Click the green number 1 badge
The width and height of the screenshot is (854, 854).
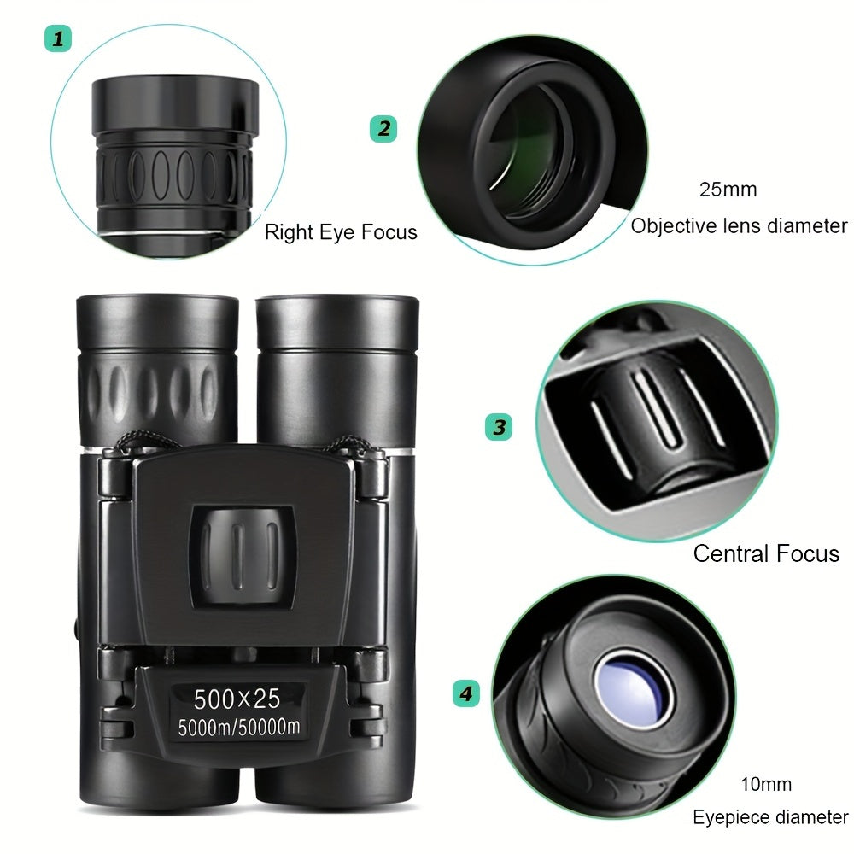pyautogui.click(x=58, y=38)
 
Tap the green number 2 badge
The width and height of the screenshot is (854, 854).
pyautogui.click(x=383, y=129)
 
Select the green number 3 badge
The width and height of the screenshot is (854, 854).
pyautogui.click(x=499, y=426)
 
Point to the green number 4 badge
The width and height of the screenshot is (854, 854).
pyautogui.click(x=465, y=693)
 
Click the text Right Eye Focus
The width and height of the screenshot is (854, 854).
pyautogui.click(x=341, y=231)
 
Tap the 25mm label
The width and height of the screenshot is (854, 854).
pyautogui.click(x=728, y=190)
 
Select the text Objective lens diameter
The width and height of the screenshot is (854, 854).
pyautogui.click(x=739, y=226)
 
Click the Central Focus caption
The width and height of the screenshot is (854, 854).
pyautogui.click(x=766, y=553)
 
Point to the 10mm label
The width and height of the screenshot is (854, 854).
pyautogui.click(x=765, y=784)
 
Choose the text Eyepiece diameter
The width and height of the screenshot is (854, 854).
pyautogui.click(x=770, y=817)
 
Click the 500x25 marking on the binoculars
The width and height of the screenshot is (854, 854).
pyautogui.click(x=237, y=698)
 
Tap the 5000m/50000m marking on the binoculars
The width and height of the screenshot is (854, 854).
pyautogui.click(x=238, y=728)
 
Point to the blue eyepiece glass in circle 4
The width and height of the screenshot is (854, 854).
pyautogui.click(x=634, y=687)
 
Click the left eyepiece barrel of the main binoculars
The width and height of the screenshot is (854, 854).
pyautogui.click(x=157, y=367)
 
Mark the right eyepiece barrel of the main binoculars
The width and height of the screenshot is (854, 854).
pyautogui.click(x=336, y=367)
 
